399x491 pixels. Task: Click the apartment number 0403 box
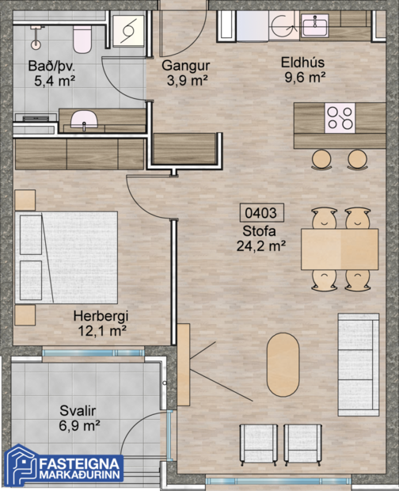click(261, 213)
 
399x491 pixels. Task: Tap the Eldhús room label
click(304, 62)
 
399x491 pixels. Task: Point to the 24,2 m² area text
click(260, 246)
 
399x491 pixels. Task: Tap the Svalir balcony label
click(78, 410)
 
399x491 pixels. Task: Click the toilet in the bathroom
click(82, 36)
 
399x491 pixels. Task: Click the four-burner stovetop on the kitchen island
click(340, 118)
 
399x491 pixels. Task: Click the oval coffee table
click(283, 363)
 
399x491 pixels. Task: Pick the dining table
click(340, 248)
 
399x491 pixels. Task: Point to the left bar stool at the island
click(321, 159)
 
